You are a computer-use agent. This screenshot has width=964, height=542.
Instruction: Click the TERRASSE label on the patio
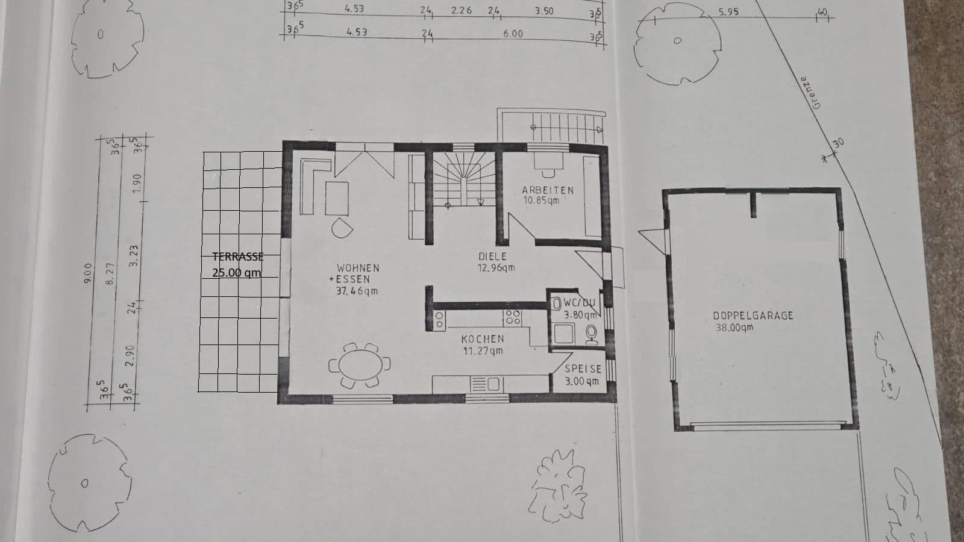pyautogui.click(x=237, y=257)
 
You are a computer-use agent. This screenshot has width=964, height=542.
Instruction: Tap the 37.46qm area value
pyautogui.click(x=357, y=291)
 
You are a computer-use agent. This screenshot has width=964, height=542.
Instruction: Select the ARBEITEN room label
pyautogui.click(x=547, y=190)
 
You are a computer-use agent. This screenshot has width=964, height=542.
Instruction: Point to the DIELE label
pyautogui.click(x=492, y=257)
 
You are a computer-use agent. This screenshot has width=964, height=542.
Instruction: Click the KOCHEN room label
pyautogui.click(x=483, y=340)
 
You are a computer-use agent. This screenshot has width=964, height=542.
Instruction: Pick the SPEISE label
pyautogui.click(x=583, y=369)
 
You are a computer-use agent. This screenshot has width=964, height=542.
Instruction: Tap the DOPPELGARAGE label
pyautogui.click(x=753, y=316)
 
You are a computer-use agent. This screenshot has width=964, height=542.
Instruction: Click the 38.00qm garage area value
pyautogui.click(x=734, y=328)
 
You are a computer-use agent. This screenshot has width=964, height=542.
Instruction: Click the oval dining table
pyautogui.click(x=359, y=365)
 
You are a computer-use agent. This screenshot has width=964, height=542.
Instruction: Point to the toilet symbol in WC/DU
pyautogui.click(x=592, y=333)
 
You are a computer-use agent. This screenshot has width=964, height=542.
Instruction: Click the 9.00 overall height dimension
pyautogui.click(x=88, y=272)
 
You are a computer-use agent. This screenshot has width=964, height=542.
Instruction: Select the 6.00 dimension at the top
pyautogui.click(x=513, y=34)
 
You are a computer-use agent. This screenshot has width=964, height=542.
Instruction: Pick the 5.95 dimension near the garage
pyautogui.click(x=728, y=11)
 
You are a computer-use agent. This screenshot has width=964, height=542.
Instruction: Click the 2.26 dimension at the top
pyautogui.click(x=461, y=10)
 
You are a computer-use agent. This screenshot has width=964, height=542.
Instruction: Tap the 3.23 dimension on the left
pyautogui.click(x=134, y=255)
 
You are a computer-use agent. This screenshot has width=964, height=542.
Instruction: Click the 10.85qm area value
pyautogui.click(x=540, y=201)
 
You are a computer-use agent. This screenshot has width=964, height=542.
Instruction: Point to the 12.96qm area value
pyautogui.click(x=496, y=268)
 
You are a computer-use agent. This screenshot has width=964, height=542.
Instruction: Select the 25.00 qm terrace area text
pyautogui.click(x=236, y=272)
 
